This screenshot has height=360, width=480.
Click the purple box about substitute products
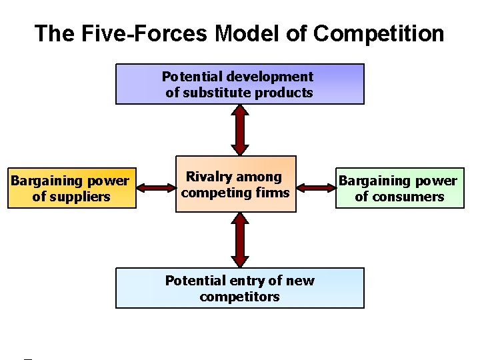(240, 84)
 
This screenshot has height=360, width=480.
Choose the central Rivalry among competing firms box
(235, 185)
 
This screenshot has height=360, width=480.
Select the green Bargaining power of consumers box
(399, 188)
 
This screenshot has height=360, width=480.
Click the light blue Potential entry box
(240, 288)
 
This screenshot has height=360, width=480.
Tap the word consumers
(409, 197)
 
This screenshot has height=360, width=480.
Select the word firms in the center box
(275, 193)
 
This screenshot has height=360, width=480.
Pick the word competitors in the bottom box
(240, 297)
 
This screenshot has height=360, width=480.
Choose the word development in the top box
(274, 77)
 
